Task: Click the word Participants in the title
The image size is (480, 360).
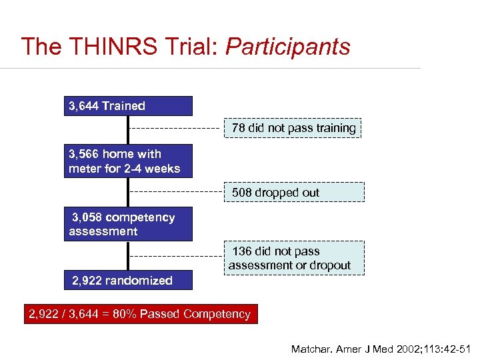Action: tap(288, 47)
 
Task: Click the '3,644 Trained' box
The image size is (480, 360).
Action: tap(128, 106)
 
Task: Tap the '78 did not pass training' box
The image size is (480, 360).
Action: tap(292, 128)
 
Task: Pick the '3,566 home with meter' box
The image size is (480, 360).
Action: tap(128, 161)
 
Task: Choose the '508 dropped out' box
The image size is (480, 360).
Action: tap(293, 192)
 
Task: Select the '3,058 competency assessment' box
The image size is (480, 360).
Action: tap(128, 224)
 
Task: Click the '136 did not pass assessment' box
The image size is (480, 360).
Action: tap(293, 258)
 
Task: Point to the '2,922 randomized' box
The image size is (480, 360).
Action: tap(128, 280)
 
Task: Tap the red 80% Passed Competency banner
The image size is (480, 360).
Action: tap(140, 314)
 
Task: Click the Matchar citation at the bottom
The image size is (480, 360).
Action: tap(381, 349)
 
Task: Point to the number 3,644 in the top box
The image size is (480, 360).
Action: tap(84, 106)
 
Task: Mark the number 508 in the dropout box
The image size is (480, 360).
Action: tap(243, 193)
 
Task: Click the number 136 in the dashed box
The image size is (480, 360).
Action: tap(242, 251)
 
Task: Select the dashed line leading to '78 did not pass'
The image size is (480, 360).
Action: tap(175, 127)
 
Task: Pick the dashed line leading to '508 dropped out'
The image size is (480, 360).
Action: tap(175, 191)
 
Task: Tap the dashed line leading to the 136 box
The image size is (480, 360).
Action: tap(175, 255)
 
